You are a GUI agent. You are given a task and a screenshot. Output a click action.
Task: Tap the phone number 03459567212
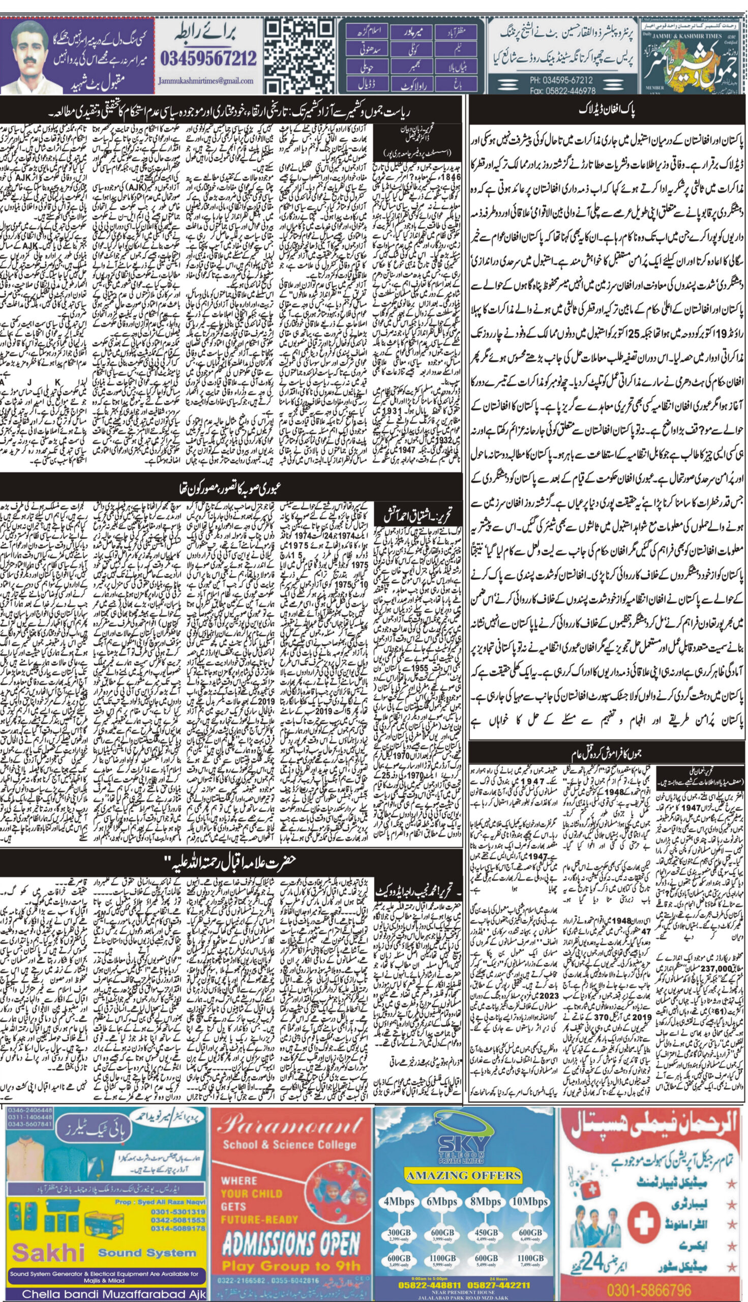208,58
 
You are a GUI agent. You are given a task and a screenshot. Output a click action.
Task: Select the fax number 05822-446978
563,91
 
